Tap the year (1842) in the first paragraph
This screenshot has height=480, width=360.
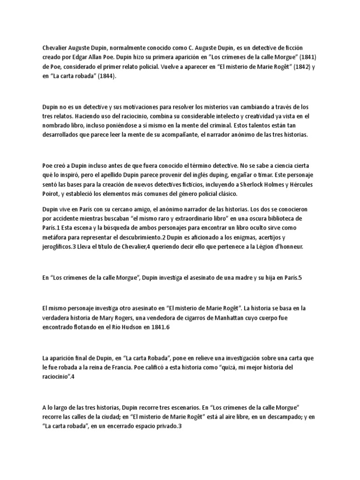(296, 67)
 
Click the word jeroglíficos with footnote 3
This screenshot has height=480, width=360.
(61, 247)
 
